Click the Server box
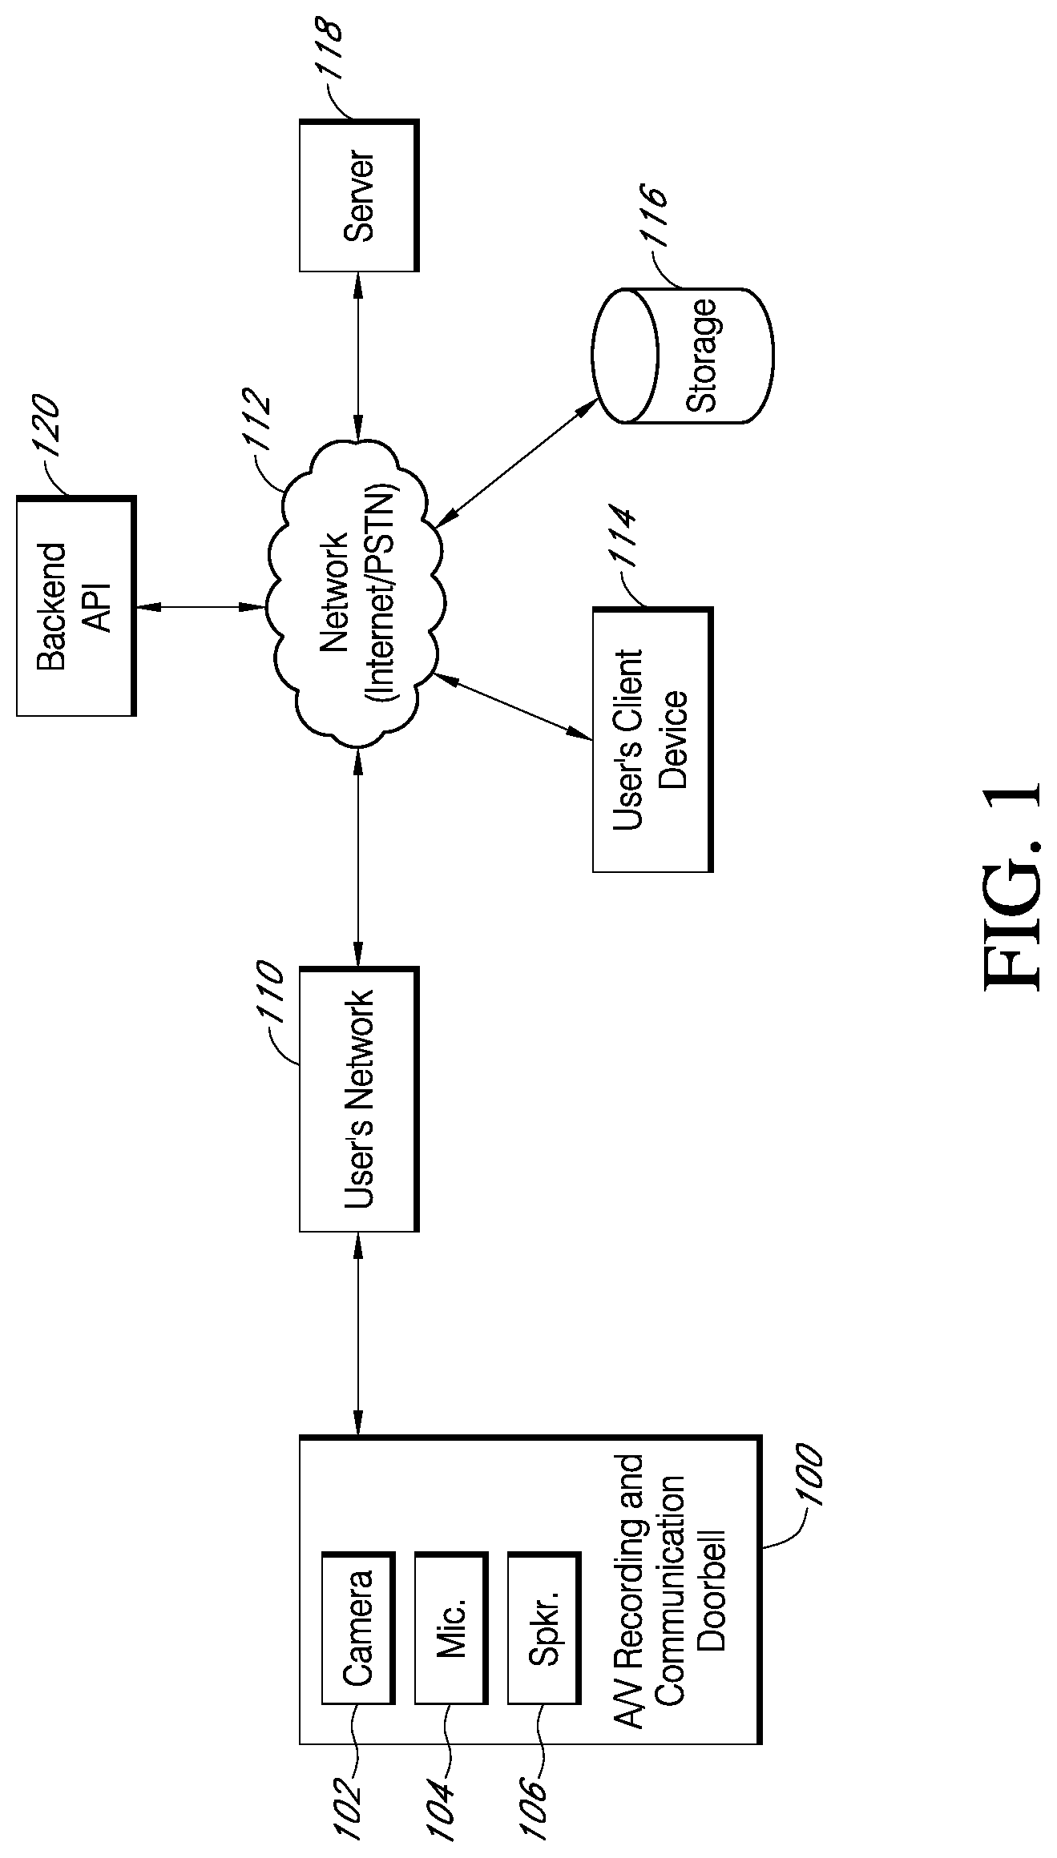(x=358, y=195)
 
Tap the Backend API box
(x=75, y=605)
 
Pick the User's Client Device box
(x=652, y=739)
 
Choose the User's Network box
(x=358, y=1099)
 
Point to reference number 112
(x=262, y=432)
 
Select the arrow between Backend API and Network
(x=200, y=608)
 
